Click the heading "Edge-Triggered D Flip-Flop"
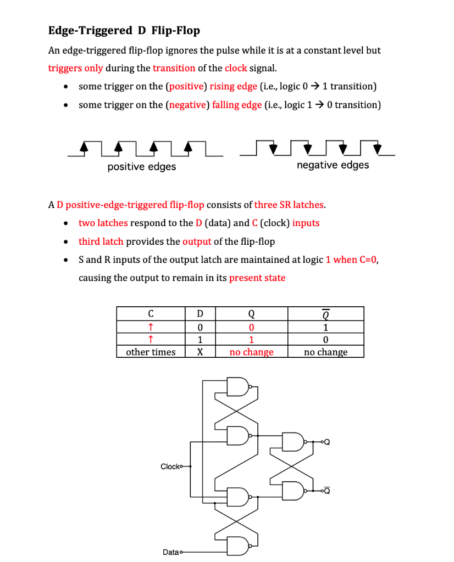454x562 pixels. (124, 30)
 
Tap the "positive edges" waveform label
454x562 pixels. (142, 167)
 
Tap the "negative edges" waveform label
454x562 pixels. (333, 165)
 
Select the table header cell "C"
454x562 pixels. (150, 314)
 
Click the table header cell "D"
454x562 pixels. (200, 314)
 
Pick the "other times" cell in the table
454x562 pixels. (151, 352)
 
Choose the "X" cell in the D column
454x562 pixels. (200, 352)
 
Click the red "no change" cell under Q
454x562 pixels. (251, 352)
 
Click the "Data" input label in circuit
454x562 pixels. (171, 552)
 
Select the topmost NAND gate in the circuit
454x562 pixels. (239, 387)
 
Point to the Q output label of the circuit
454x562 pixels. (328, 442)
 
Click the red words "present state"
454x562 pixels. (257, 278)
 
